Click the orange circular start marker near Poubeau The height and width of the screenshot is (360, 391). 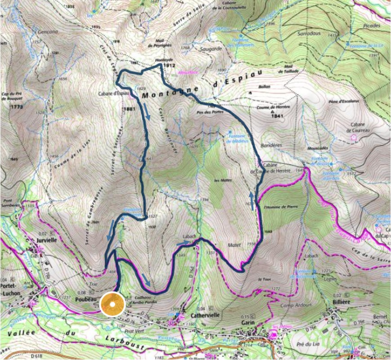[x=111, y=305]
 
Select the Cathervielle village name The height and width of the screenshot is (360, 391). [x=205, y=316]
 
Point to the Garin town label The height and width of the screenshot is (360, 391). [x=247, y=323]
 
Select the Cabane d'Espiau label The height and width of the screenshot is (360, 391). [x=114, y=94]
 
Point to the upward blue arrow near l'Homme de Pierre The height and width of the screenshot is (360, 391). [x=252, y=200]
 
